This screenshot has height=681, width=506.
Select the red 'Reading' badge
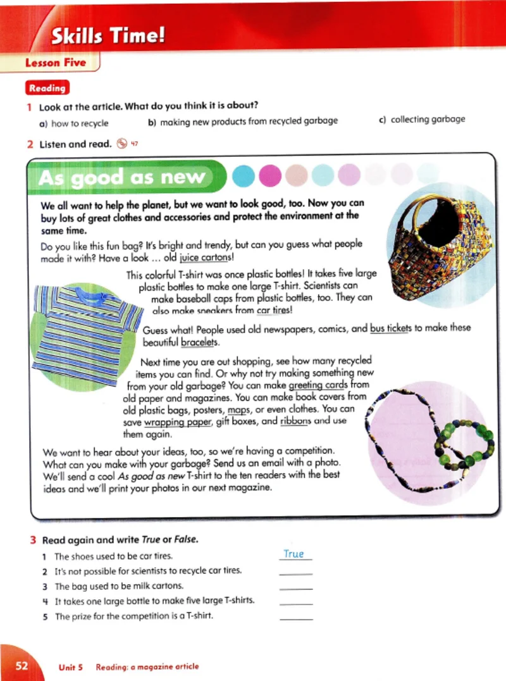pos(47,89)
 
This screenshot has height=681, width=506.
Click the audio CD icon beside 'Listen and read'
pos(123,144)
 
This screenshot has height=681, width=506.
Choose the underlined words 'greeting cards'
pos(318,385)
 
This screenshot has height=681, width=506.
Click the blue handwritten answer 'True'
pos(293,554)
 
